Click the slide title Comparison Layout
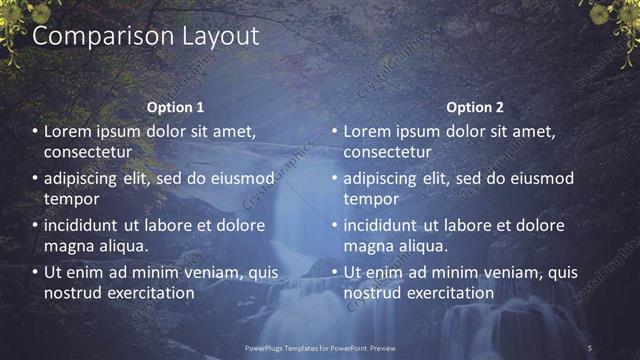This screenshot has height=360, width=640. pos(146,37)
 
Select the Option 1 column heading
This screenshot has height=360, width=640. pos(175,107)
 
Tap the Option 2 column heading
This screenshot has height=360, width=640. pos(475,107)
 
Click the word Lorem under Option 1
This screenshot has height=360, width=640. pos(69,131)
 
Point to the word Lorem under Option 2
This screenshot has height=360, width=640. pos(369,131)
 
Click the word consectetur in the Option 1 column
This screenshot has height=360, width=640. pos(88,151)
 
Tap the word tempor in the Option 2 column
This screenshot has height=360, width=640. pos(371,198)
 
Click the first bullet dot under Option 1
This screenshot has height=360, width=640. pos(35,132)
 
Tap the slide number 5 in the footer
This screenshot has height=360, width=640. pos(589,348)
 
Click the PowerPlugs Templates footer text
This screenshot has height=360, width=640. pos(320,348)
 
